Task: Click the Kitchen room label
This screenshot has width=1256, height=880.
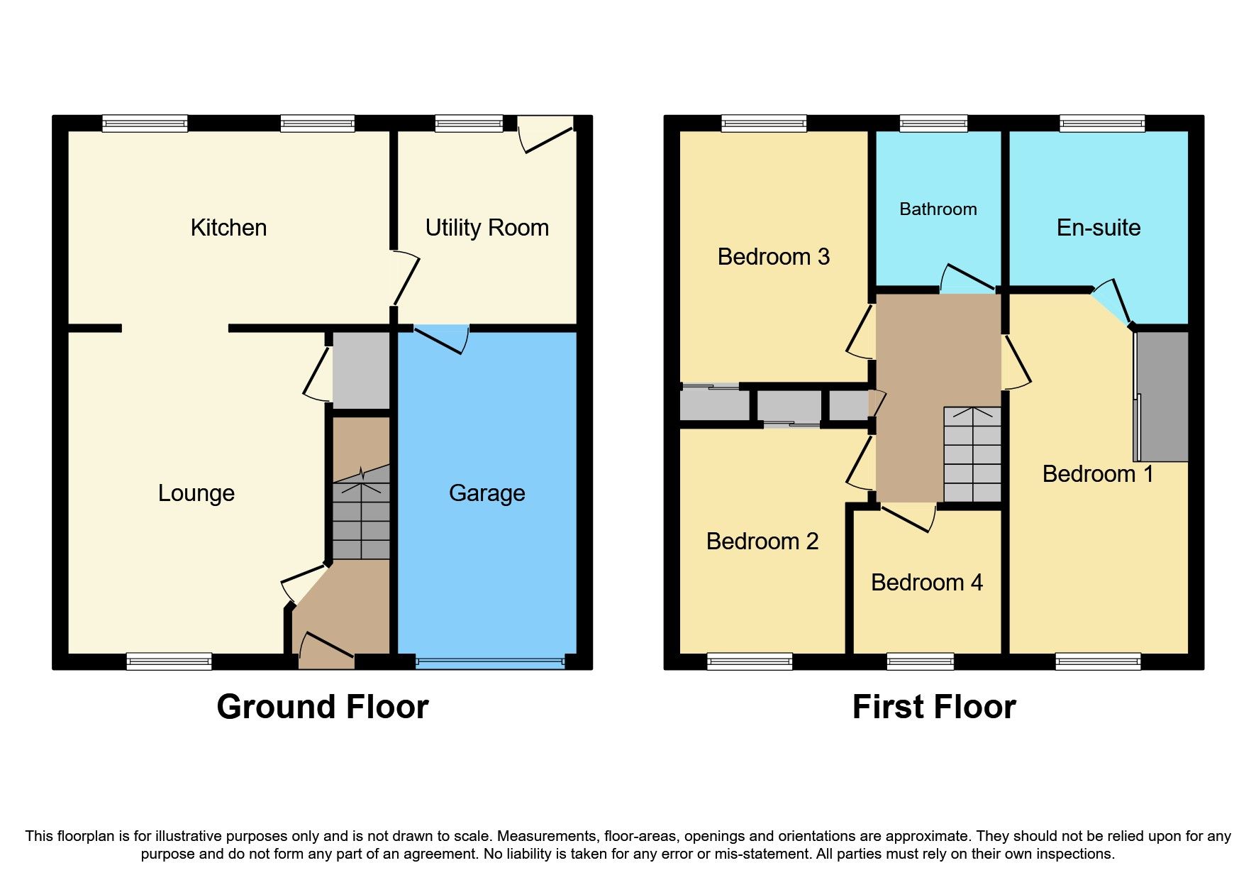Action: tap(228, 228)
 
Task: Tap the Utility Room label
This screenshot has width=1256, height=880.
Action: tap(487, 228)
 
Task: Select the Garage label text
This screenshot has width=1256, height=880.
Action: tap(487, 493)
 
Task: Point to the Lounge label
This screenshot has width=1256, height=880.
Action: tap(196, 493)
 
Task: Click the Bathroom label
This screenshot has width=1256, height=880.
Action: tap(938, 209)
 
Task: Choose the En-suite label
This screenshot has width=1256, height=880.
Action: tap(1098, 228)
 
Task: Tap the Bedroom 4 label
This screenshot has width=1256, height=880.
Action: tap(926, 583)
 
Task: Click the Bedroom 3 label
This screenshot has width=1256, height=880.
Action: tap(773, 257)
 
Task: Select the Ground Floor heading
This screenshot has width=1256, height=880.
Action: tap(322, 707)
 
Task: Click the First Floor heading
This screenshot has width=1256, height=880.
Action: tap(933, 707)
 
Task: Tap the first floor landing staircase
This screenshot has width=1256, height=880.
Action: tap(972, 454)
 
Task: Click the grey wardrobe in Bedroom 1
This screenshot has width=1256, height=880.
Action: tap(1162, 396)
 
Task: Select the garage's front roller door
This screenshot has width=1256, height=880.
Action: tap(489, 662)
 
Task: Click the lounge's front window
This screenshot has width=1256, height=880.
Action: tap(169, 661)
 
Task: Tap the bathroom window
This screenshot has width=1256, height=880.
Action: tap(933, 124)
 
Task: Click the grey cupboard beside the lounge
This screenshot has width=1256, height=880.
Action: tap(361, 370)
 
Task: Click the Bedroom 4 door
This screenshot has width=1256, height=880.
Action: tap(908, 517)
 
